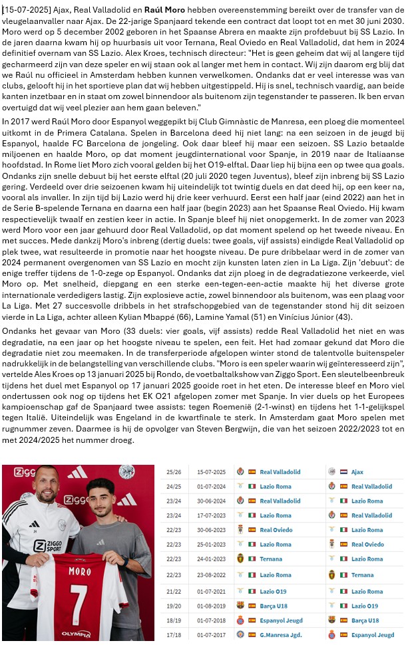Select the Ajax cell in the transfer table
[x=357, y=472]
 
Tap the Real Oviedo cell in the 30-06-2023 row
[x=276, y=530]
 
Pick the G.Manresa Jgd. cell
[x=282, y=635]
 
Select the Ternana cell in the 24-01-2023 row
[x=272, y=559]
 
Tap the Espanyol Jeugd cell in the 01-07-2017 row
[x=372, y=635]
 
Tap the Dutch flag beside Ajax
[x=343, y=472]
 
